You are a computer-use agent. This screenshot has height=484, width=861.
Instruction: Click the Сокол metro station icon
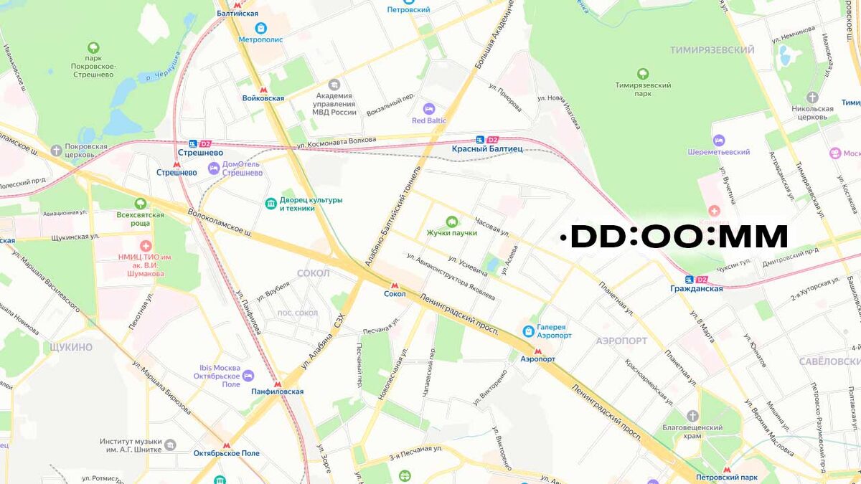(x=395, y=285)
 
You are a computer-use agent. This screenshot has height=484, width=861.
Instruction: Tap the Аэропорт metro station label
(x=537, y=359)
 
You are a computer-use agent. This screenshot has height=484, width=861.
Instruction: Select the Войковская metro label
(x=263, y=98)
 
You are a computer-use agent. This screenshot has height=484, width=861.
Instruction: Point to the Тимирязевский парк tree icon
(x=642, y=73)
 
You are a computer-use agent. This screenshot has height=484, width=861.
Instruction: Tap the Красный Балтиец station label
(x=487, y=149)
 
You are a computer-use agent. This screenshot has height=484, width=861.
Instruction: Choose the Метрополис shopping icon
(x=260, y=28)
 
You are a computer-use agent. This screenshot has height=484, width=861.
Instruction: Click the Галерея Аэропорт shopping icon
(x=528, y=331)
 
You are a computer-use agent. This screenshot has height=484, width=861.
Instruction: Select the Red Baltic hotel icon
(x=429, y=109)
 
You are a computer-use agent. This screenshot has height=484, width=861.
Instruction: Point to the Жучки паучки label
(x=452, y=233)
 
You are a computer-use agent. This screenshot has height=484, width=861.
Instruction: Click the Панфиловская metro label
(x=277, y=392)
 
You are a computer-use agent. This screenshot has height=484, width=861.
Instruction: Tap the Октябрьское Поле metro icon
(x=227, y=445)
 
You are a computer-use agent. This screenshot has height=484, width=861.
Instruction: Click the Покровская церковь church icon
(x=57, y=150)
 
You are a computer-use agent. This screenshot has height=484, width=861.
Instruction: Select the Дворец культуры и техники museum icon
(x=270, y=204)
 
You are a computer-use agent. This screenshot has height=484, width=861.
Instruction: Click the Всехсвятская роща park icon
(x=141, y=204)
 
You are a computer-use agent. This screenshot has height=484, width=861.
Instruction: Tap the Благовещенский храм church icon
(x=692, y=417)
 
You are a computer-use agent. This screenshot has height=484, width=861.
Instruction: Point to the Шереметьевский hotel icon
(x=718, y=141)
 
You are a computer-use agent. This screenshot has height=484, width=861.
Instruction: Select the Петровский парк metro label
(x=727, y=477)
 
